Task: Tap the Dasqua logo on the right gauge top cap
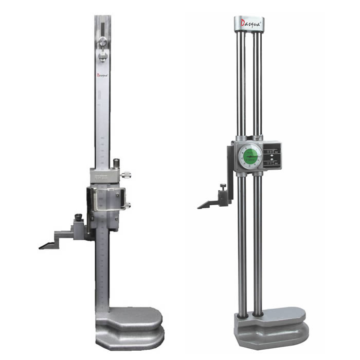[x=249, y=23]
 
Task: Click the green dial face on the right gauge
[x=249, y=156]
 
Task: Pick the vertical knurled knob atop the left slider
[x=117, y=164]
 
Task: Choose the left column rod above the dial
[x=240, y=82]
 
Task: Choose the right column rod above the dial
[x=257, y=82]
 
